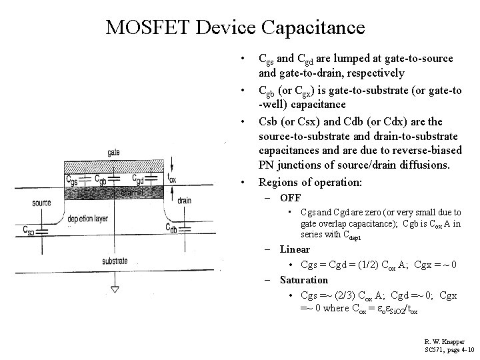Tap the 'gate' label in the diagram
113,153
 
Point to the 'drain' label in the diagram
184,200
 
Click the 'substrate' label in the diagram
115,261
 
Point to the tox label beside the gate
173,179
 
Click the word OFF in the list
290,198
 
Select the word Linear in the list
295,250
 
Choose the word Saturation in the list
304,280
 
